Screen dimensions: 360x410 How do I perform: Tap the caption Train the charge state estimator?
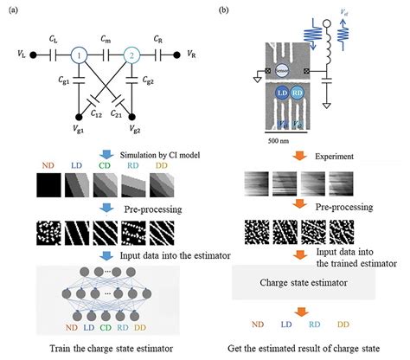[104, 348]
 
